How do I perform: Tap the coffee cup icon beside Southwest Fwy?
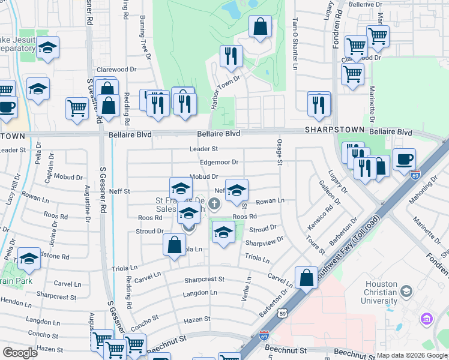[x=404, y=160]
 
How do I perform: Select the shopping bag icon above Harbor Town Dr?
[x=260, y=27]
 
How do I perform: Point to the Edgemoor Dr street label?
[x=219, y=162]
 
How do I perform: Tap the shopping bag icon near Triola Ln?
[x=174, y=245]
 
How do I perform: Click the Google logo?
[x=20, y=352]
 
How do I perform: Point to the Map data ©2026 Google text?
[x=412, y=355]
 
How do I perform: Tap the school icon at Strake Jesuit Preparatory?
[x=47, y=48]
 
